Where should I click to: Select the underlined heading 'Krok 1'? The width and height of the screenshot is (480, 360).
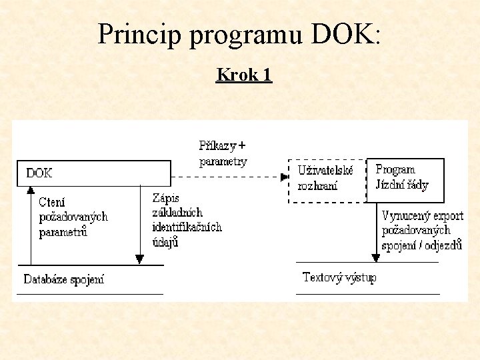pyautogui.click(x=244, y=75)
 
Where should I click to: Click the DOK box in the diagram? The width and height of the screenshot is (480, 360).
pyautogui.click(x=93, y=173)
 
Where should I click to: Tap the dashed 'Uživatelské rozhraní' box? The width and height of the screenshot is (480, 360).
pyautogui.click(x=327, y=180)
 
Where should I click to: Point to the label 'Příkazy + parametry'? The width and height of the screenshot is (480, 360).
pyautogui.click(x=223, y=153)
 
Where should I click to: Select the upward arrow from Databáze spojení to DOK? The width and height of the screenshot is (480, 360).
pyautogui.click(x=30, y=227)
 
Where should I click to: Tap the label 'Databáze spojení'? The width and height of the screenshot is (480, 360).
pyautogui.click(x=64, y=279)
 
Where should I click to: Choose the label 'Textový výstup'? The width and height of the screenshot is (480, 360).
pyautogui.click(x=339, y=277)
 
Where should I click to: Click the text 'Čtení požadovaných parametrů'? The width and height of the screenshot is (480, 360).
pyautogui.click(x=72, y=217)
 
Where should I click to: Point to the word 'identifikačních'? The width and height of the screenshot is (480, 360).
pyautogui.click(x=187, y=227)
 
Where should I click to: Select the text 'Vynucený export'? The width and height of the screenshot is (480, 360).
pyautogui.click(x=422, y=216)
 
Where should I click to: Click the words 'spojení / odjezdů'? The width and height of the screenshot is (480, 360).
pyautogui.click(x=421, y=245)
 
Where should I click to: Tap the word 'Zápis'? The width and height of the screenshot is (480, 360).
pyautogui.click(x=166, y=198)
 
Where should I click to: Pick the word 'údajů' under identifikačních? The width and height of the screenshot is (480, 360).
pyautogui.click(x=165, y=242)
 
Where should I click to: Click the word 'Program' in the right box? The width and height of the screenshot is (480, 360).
pyautogui.click(x=395, y=169)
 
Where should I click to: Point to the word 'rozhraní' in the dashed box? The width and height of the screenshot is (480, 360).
pyautogui.click(x=317, y=186)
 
